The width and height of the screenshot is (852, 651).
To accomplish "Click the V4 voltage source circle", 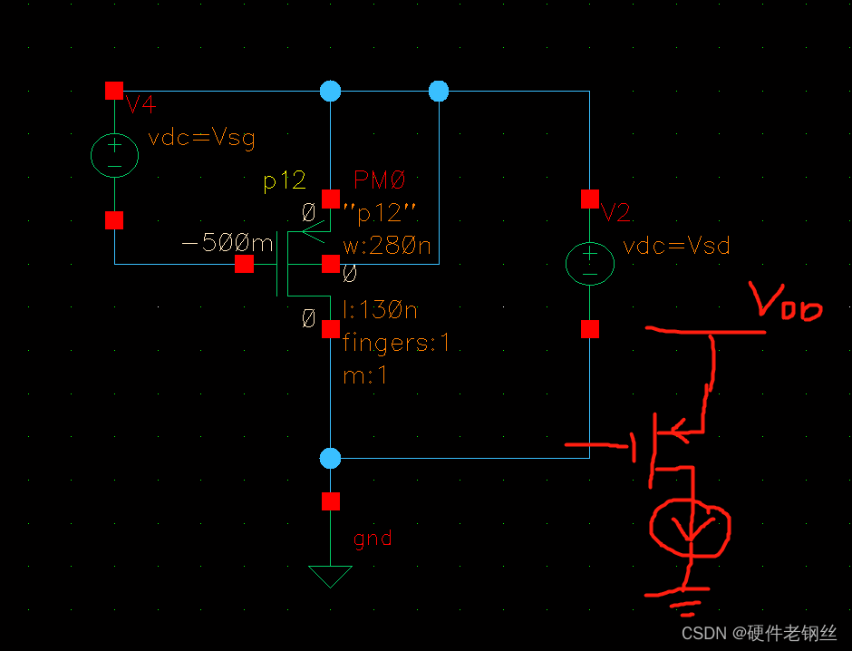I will pyautogui.click(x=114, y=155).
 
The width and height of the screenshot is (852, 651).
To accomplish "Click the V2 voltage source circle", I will pyautogui.click(x=590, y=263).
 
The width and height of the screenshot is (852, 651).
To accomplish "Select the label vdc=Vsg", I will pyautogui.click(x=201, y=138).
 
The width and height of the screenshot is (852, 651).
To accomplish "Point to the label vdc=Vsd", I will pyautogui.click(x=676, y=246).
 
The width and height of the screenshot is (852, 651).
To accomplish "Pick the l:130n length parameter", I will pyautogui.click(x=380, y=311).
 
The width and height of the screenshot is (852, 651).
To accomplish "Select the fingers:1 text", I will pyautogui.click(x=395, y=344).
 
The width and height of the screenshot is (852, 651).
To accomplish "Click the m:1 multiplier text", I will pyautogui.click(x=365, y=375).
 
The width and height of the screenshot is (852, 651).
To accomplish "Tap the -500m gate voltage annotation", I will pyautogui.click(x=227, y=244).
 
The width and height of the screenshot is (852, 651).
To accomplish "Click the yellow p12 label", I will pyautogui.click(x=285, y=181).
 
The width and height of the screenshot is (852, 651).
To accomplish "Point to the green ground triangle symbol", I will pyautogui.click(x=330, y=576).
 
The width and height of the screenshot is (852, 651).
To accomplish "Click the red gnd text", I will pyautogui.click(x=373, y=538).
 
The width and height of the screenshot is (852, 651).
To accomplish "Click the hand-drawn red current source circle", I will pyautogui.click(x=690, y=527).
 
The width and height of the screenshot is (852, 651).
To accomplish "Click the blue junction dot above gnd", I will pyautogui.click(x=331, y=458).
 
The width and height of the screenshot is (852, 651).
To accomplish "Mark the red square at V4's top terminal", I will pyautogui.click(x=114, y=91).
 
